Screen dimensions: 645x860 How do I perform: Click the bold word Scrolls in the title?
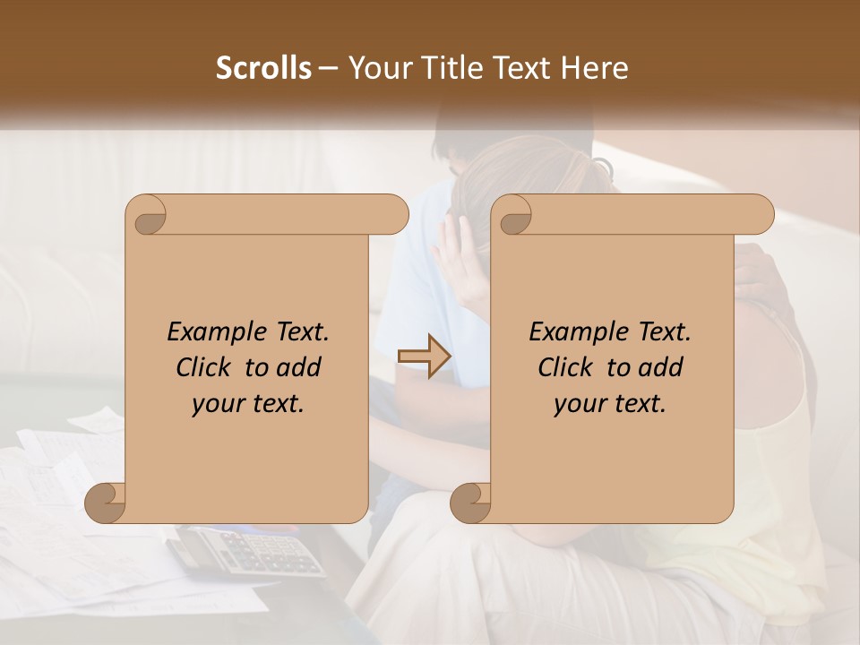(x=263, y=68)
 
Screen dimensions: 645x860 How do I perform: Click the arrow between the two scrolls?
(x=425, y=357)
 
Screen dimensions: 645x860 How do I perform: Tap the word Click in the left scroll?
(x=203, y=367)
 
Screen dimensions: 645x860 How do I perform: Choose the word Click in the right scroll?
(x=565, y=367)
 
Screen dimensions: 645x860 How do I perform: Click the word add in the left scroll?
(x=299, y=367)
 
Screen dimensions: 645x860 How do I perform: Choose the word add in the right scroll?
(x=661, y=367)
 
